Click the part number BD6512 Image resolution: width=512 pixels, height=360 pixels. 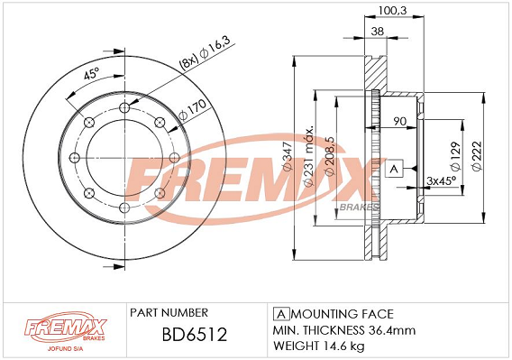195,335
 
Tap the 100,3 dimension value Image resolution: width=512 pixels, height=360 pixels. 392,11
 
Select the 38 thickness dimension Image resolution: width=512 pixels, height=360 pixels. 378,32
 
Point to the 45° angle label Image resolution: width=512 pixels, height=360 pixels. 91,74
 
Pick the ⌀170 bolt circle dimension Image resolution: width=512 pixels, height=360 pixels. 192,109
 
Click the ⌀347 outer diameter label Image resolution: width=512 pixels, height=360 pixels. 288,157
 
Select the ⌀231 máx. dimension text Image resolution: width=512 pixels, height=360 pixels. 309,156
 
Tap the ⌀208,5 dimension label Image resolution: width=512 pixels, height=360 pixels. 331,157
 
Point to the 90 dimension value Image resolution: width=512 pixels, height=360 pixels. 399,121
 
